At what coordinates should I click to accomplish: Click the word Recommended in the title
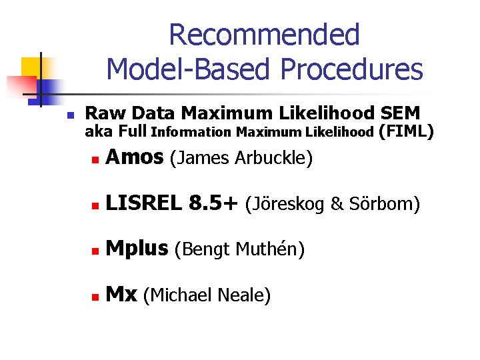(x=264, y=35)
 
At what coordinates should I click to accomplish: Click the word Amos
(x=134, y=157)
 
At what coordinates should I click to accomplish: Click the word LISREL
(x=143, y=203)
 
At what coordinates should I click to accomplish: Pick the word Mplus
(x=137, y=249)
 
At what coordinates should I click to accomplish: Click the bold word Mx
(x=121, y=294)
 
